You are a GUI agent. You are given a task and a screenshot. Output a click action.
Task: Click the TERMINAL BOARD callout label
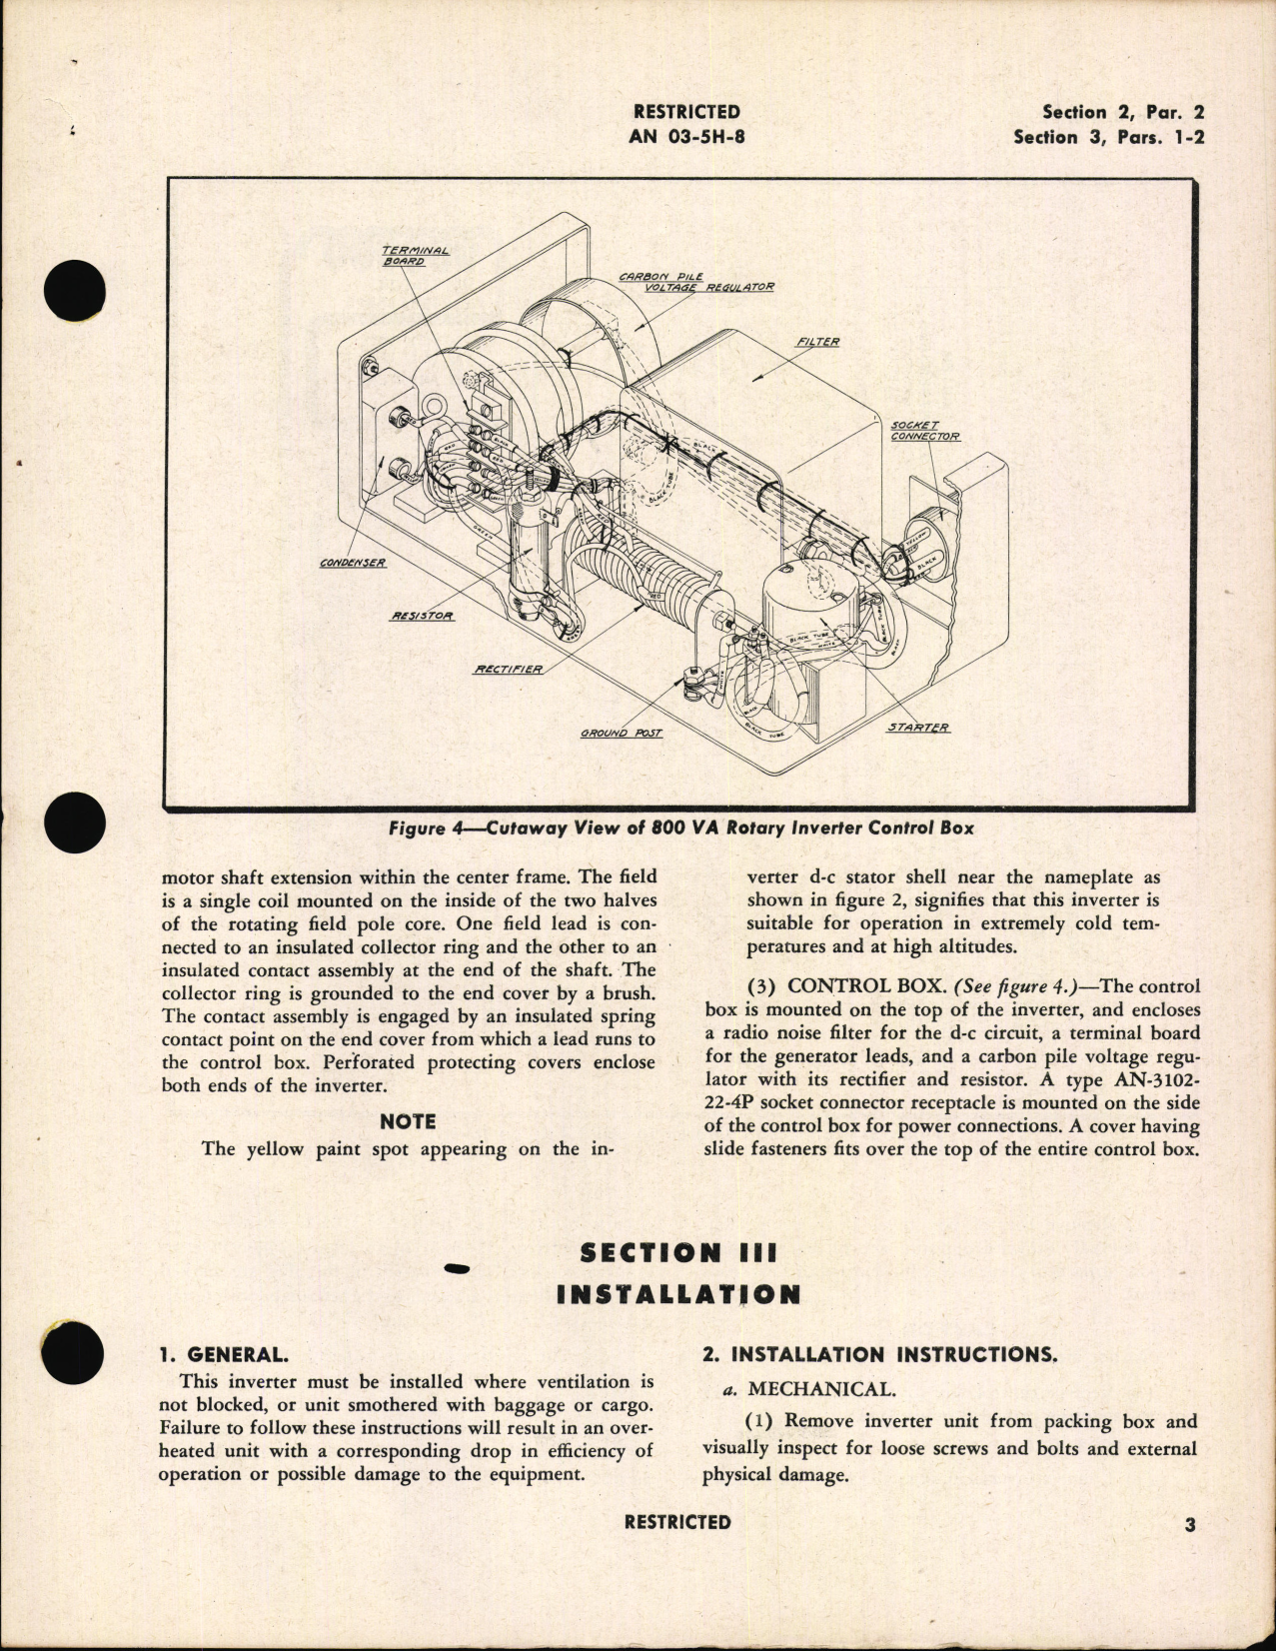click(x=416, y=255)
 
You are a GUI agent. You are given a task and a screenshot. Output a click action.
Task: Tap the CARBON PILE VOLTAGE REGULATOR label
click(x=695, y=281)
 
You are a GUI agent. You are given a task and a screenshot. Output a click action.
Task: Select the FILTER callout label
click(x=817, y=342)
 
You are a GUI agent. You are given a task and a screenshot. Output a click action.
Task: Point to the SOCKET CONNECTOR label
click(x=924, y=431)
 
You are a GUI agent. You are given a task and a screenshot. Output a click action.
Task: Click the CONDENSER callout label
click(x=353, y=563)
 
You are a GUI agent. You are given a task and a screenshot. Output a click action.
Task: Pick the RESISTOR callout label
click(x=421, y=616)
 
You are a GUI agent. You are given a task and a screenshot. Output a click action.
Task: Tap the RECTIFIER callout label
click(x=508, y=669)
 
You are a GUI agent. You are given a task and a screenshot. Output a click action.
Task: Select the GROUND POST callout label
click(x=621, y=733)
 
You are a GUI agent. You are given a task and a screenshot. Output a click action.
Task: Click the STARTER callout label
click(x=918, y=727)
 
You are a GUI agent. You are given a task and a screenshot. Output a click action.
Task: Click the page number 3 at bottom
click(x=1189, y=1525)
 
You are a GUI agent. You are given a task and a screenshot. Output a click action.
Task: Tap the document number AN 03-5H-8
click(x=686, y=137)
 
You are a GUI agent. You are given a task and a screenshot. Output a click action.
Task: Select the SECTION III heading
click(x=677, y=1252)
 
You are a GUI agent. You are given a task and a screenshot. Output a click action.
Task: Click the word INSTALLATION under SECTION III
click(x=677, y=1295)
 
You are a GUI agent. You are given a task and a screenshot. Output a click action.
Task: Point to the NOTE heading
click(x=408, y=1121)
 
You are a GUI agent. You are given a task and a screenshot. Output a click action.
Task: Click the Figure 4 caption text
click(x=681, y=827)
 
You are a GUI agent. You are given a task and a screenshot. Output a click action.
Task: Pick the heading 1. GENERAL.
click(x=224, y=1355)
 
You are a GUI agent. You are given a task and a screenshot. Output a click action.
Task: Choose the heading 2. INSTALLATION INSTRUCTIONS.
click(x=878, y=1355)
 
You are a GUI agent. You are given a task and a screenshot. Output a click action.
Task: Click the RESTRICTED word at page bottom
click(x=676, y=1522)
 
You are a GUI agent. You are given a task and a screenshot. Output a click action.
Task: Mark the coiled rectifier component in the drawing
click(x=664, y=585)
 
